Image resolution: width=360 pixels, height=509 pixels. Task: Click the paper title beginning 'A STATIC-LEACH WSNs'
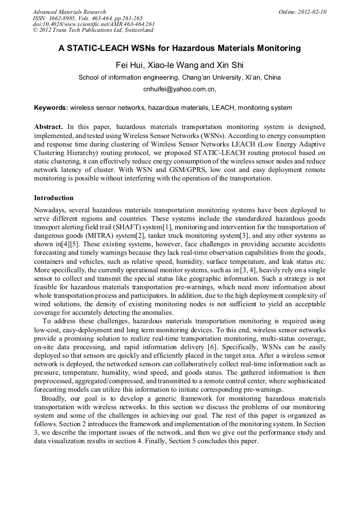point(179,48)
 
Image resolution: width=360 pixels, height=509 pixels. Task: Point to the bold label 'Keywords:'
point(51,108)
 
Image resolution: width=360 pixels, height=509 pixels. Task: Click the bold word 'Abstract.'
point(49,128)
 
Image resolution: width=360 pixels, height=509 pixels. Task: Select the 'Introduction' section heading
point(54,198)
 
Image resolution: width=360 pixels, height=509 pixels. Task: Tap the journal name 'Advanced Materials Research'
point(69,12)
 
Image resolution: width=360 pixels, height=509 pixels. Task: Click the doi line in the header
point(93,24)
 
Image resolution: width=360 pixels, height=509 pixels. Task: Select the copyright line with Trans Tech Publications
point(93,31)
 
